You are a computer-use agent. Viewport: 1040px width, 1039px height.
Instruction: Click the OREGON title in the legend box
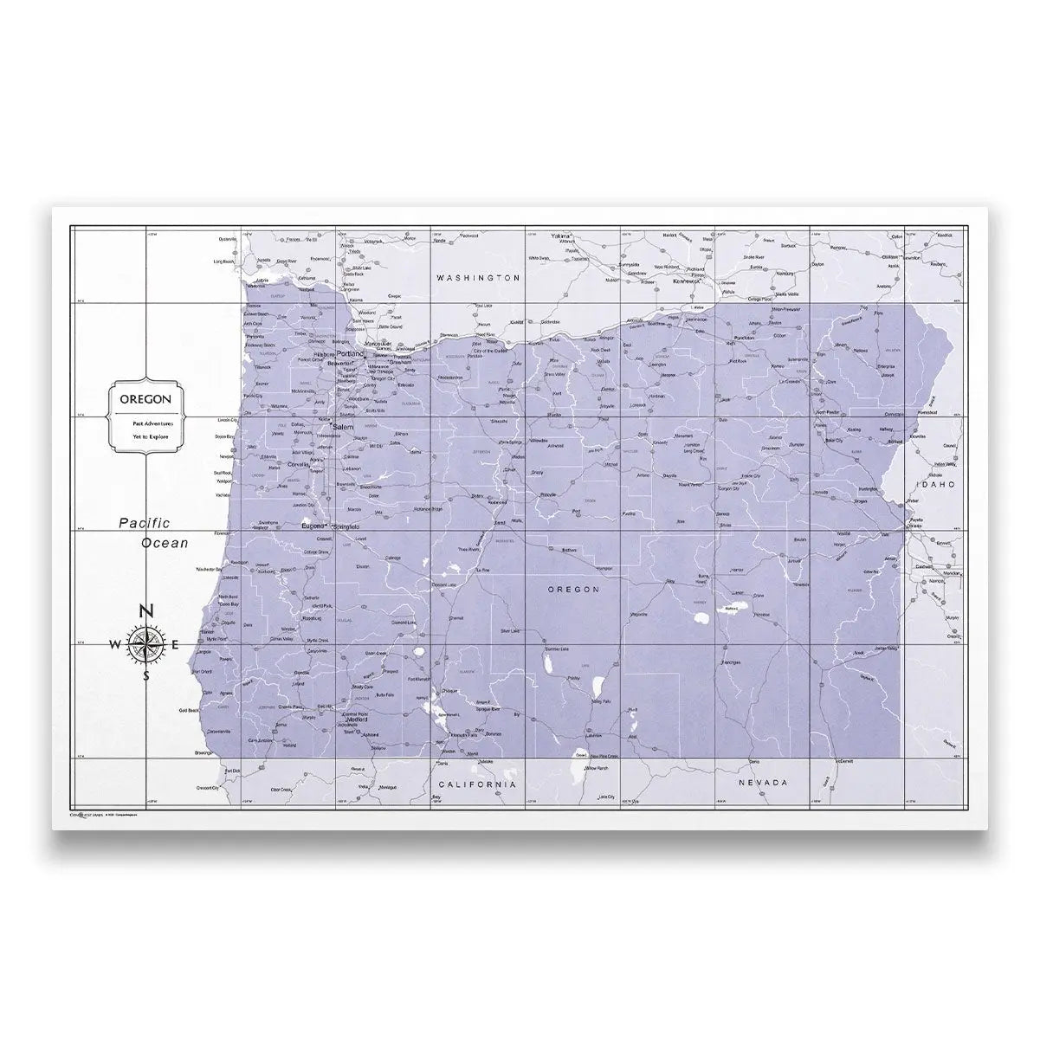(x=145, y=400)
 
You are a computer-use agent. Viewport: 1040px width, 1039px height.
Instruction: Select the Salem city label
(x=344, y=428)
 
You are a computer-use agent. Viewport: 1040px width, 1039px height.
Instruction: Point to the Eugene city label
(x=311, y=526)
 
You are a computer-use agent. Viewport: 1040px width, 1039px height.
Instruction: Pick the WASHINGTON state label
(x=478, y=279)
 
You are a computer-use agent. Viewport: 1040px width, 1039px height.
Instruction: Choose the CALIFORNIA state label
(x=478, y=784)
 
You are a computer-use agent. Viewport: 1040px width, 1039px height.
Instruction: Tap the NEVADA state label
(x=762, y=783)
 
